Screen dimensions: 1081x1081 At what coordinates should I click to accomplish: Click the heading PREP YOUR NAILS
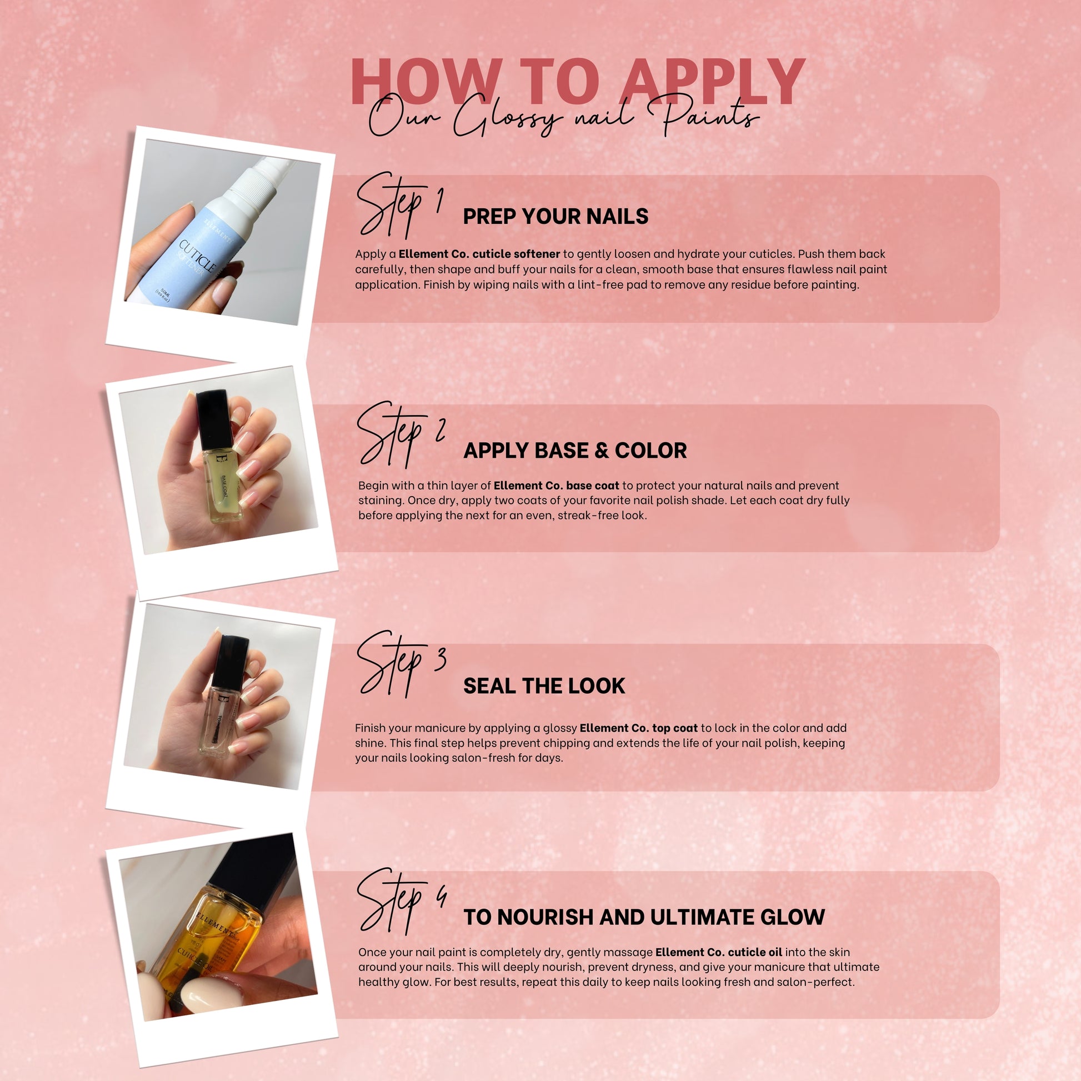[x=555, y=217]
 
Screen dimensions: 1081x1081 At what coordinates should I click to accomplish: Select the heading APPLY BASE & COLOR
[x=574, y=451]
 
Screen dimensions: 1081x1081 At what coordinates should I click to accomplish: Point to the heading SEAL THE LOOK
[x=544, y=686]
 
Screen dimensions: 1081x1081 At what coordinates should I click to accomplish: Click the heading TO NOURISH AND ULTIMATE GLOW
[x=644, y=917]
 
